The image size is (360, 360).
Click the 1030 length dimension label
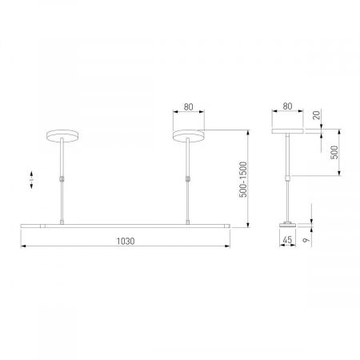(126, 240)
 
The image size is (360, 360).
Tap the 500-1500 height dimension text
(243, 179)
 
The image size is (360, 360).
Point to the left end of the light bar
(22, 225)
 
